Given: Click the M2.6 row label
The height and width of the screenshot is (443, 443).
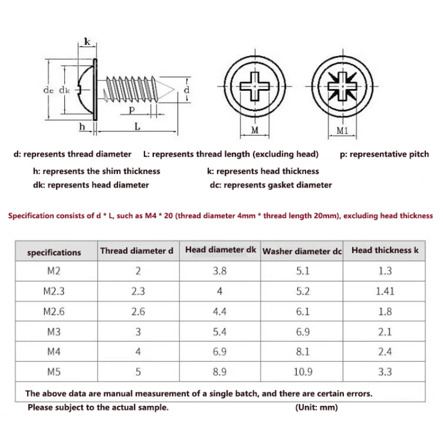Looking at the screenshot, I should click(x=54, y=312).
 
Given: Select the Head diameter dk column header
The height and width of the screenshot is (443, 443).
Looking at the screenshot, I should click(x=220, y=250).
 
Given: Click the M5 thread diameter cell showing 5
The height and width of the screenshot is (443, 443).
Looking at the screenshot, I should click(x=138, y=372).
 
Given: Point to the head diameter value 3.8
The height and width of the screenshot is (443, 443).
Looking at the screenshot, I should click(x=220, y=271).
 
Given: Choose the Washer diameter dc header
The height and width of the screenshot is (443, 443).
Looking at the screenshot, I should click(x=302, y=251).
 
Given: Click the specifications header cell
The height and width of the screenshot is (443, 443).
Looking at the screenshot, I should click(x=54, y=253).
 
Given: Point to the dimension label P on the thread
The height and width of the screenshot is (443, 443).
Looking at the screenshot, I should click(x=132, y=110).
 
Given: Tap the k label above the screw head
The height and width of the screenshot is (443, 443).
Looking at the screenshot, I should click(x=87, y=42).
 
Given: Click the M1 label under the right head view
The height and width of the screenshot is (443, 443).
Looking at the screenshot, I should click(x=342, y=131).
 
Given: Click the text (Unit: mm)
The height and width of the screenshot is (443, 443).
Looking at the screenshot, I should click(x=317, y=408).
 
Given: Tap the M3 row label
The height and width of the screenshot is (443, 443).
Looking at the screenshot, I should click(x=54, y=332).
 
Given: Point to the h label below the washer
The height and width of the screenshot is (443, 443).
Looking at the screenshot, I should click(x=82, y=127).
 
